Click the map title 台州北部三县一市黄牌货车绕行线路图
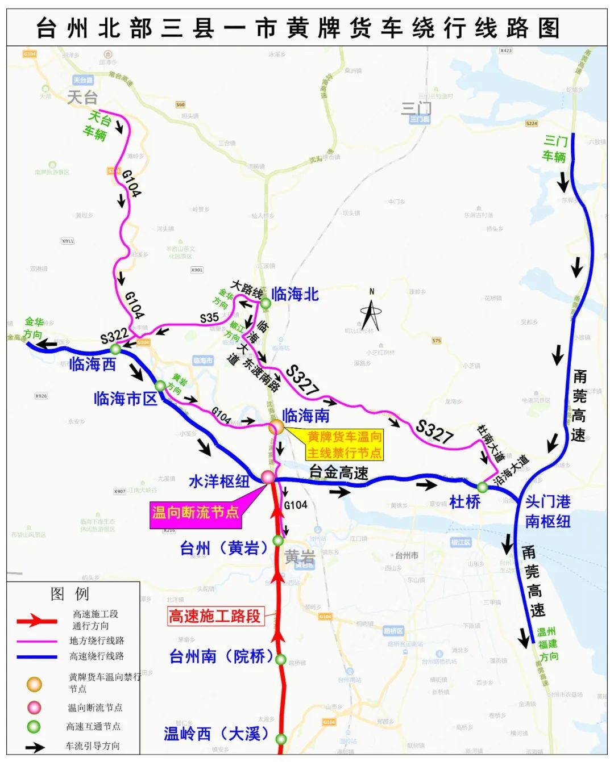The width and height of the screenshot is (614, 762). [298, 28]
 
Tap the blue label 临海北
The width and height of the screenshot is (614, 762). [295, 294]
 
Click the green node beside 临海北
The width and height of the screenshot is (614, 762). [265, 303]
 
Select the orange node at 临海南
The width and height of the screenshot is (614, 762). [276, 426]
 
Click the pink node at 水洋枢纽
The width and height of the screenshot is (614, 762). [268, 476]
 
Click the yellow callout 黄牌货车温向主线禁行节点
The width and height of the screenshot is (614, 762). [345, 445]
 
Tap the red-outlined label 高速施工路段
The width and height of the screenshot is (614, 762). [215, 616]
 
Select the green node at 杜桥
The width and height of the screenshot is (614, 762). [483, 487]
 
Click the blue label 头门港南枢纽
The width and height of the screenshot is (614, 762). [547, 511]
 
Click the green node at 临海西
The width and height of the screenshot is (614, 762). [115, 349]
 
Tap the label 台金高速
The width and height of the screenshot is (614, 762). [339, 471]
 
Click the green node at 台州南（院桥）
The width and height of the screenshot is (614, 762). [281, 659]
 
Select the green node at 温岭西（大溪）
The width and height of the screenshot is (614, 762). [281, 739]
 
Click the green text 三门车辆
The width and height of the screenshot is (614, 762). [555, 148]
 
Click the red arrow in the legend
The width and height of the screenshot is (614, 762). [37, 621]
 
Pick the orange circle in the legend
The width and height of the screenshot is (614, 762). [35, 684]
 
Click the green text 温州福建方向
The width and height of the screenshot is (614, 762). [548, 644]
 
